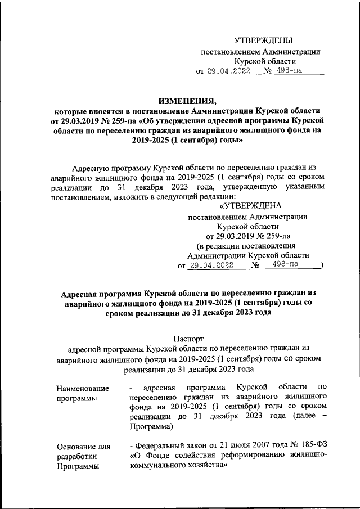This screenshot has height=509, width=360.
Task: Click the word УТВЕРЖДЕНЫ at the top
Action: pyautogui.click(x=263, y=40)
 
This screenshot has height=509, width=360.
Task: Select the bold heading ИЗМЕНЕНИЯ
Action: pyautogui.click(x=187, y=101)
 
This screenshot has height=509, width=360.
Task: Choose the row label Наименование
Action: pyautogui.click(x=82, y=388)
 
